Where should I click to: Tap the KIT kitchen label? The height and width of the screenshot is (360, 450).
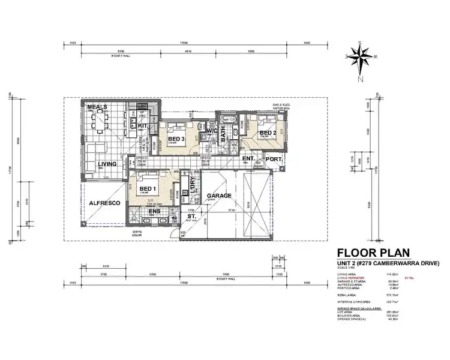click(143, 125)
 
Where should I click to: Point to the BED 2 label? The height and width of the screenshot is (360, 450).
click(268, 133)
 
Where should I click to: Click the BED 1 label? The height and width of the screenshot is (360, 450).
click(147, 188)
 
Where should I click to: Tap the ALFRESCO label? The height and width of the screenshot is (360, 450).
click(106, 203)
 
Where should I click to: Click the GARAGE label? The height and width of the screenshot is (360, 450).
click(219, 196)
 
